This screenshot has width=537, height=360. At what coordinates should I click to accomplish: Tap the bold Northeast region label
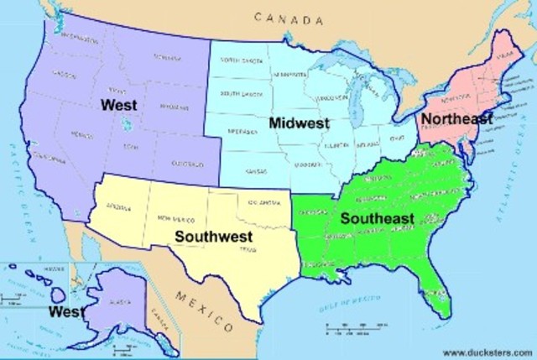[457, 118]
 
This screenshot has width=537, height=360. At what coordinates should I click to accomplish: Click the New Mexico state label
[177, 219]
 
